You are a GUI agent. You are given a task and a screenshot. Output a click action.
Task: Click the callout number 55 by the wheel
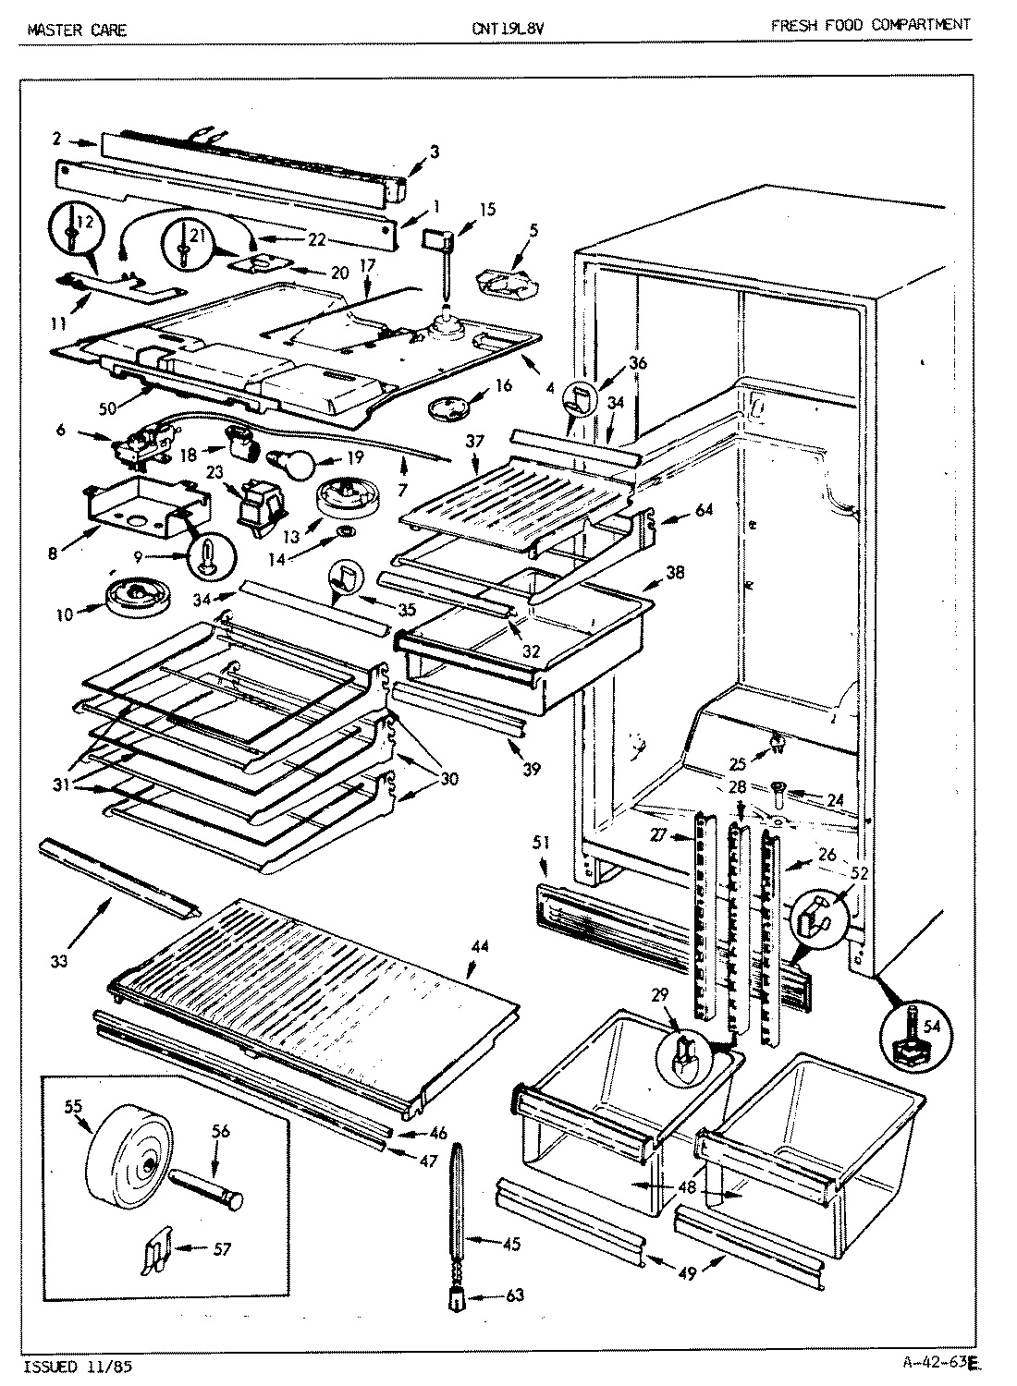pos(71,1104)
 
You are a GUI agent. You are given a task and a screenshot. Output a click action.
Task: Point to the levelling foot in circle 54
pos(911,1035)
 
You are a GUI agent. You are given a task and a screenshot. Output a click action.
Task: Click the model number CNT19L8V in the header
pos(507,28)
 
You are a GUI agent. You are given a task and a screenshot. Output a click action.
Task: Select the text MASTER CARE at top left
pos(77,30)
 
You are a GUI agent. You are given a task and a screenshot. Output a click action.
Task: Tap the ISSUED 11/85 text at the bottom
pos(82,1365)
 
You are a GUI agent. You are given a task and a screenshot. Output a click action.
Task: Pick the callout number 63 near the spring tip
pos(514,1296)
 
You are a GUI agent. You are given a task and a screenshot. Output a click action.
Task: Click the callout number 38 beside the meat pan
pos(674,572)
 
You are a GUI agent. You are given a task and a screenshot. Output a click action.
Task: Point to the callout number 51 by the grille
pos(541,841)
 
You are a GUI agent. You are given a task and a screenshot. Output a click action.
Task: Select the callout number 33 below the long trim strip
pos(57,962)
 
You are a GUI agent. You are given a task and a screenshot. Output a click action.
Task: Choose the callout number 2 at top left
pos(57,139)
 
